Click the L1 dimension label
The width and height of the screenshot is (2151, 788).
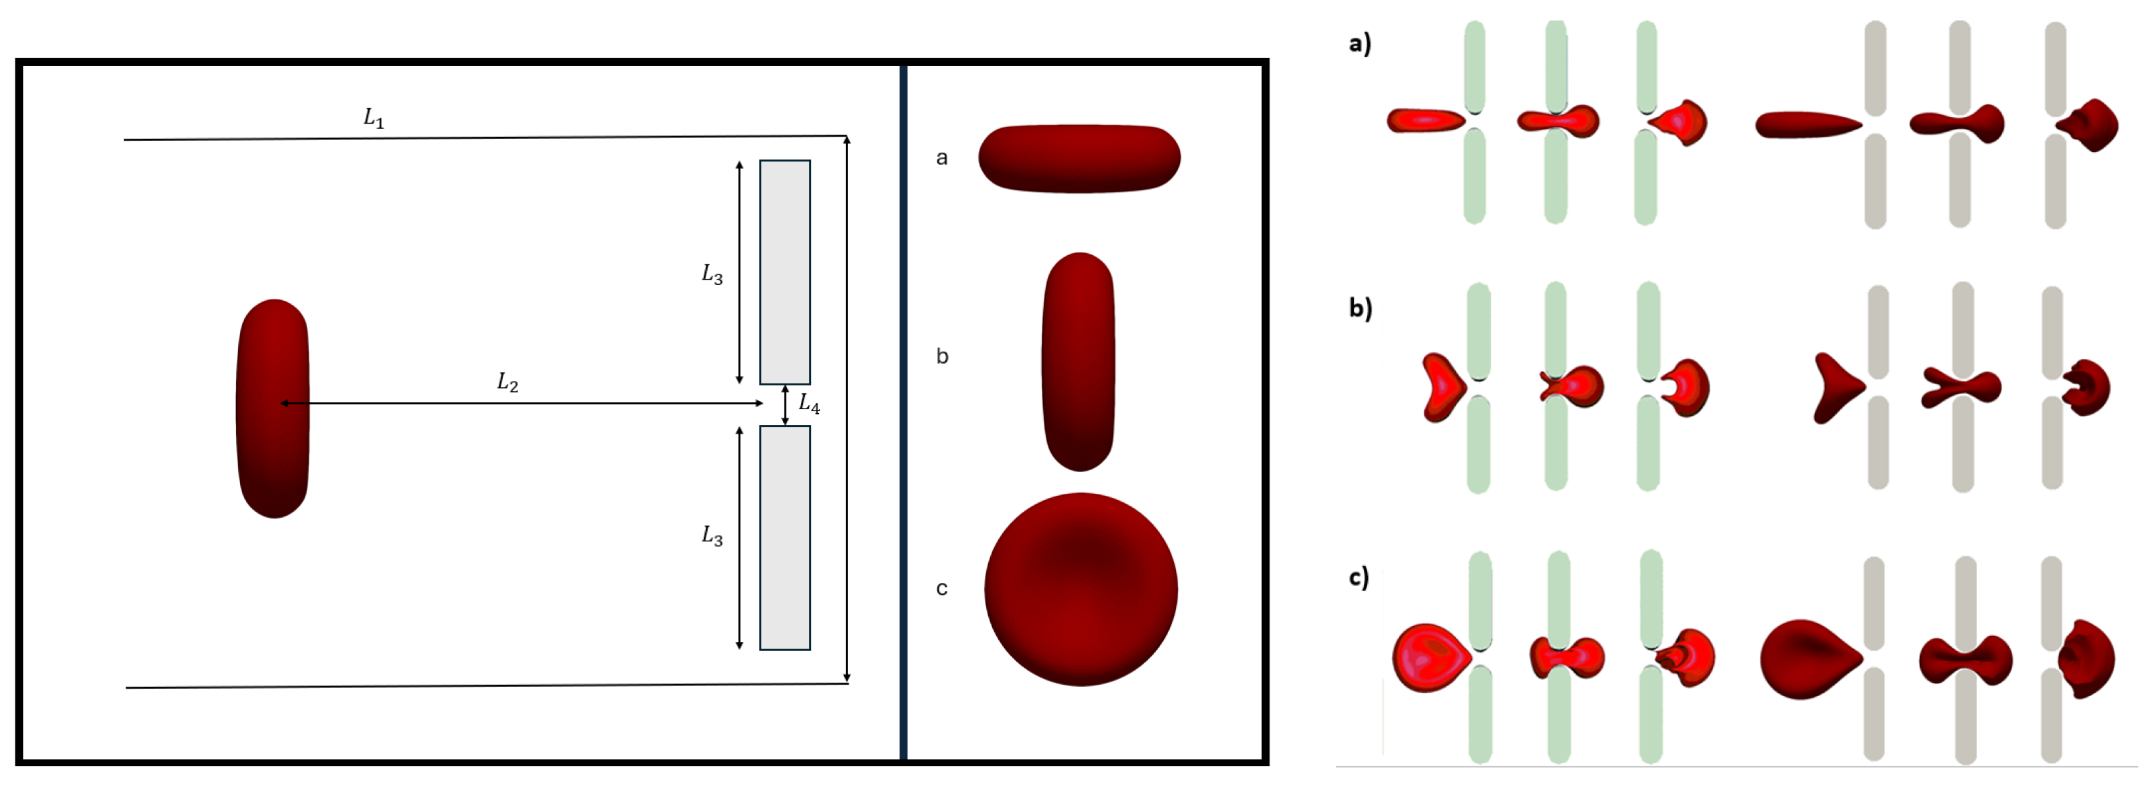pyautogui.click(x=373, y=118)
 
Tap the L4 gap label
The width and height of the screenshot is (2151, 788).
pyautogui.click(x=809, y=404)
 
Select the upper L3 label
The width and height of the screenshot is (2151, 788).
pyautogui.click(x=712, y=274)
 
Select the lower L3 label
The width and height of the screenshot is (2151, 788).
pyautogui.click(x=712, y=535)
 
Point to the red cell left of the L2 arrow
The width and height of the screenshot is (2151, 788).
pyautogui.click(x=273, y=408)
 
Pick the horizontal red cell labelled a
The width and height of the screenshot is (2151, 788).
pyautogui.click(x=1079, y=159)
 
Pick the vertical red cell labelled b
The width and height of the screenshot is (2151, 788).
pyautogui.click(x=1079, y=362)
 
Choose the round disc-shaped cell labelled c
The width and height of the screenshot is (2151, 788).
pyautogui.click(x=1081, y=589)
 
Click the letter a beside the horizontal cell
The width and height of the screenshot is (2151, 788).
pyautogui.click(x=942, y=158)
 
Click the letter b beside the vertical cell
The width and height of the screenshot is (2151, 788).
pyautogui.click(x=942, y=356)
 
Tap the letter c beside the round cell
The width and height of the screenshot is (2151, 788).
pyautogui.click(x=942, y=588)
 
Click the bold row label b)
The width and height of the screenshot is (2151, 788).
pyautogui.click(x=1360, y=308)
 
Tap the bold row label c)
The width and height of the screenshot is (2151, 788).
pyautogui.click(x=1359, y=577)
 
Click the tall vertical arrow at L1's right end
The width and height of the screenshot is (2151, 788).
pyautogui.click(x=847, y=409)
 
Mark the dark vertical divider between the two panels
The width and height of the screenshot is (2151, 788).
pyautogui.click(x=903, y=412)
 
